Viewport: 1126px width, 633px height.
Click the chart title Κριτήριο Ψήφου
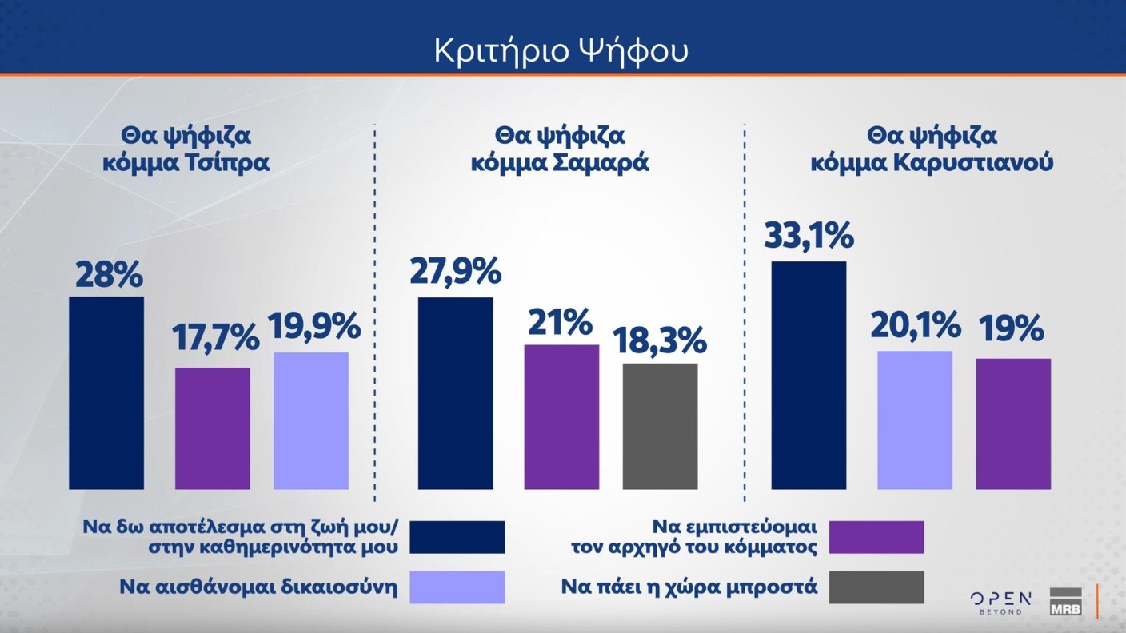[x=561, y=50]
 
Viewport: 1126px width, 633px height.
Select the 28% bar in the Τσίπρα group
[x=106, y=392]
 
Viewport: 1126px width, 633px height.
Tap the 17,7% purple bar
[x=212, y=428]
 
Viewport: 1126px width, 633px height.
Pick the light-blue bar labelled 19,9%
[x=311, y=420]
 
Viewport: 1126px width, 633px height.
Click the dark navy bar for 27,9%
[x=456, y=392]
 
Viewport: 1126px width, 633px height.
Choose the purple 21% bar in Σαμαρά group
[x=561, y=416]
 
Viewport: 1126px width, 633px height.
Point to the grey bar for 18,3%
[x=660, y=426]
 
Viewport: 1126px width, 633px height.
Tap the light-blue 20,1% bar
[x=915, y=420]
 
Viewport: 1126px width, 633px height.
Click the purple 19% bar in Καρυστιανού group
[x=1013, y=424]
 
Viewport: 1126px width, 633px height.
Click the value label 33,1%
[x=809, y=237]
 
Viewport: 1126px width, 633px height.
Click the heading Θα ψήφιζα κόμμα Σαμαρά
[x=560, y=149]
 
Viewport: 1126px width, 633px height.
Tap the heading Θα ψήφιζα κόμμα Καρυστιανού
[x=932, y=149]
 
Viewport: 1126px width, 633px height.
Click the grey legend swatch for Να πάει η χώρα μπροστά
[x=876, y=587]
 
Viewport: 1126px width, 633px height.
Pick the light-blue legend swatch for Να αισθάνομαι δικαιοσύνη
[x=457, y=587]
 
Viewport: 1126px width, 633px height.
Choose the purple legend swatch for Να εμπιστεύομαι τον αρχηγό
[x=876, y=537]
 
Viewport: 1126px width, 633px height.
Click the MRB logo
[x=1065, y=601]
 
